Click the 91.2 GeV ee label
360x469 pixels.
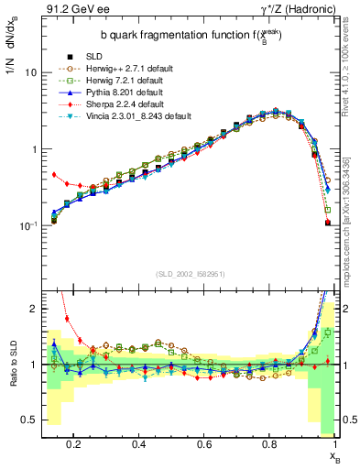click(70, 10)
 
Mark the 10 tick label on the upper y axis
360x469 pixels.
click(29, 72)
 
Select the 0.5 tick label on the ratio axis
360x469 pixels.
click(28, 420)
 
